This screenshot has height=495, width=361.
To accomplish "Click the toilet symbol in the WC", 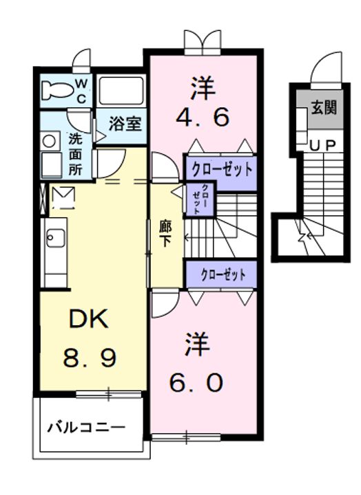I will coord(55,89).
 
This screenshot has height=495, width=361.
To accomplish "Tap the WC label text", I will coord(81,89).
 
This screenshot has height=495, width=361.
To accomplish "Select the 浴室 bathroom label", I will coord(125,124).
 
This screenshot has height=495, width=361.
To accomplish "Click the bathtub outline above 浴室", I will coord(120,90).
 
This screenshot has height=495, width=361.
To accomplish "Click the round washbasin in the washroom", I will coord(49,141).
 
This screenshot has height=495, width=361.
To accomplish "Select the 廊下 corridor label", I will coord(166,233).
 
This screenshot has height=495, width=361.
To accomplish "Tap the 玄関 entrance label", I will coord(323,109).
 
